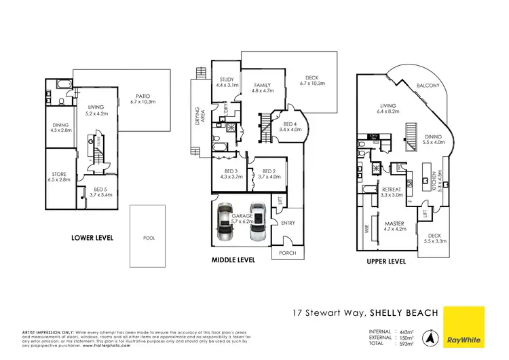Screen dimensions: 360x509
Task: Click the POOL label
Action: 149,238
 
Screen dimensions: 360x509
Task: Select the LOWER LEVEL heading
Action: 92,238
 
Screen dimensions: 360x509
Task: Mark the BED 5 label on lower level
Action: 88,191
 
